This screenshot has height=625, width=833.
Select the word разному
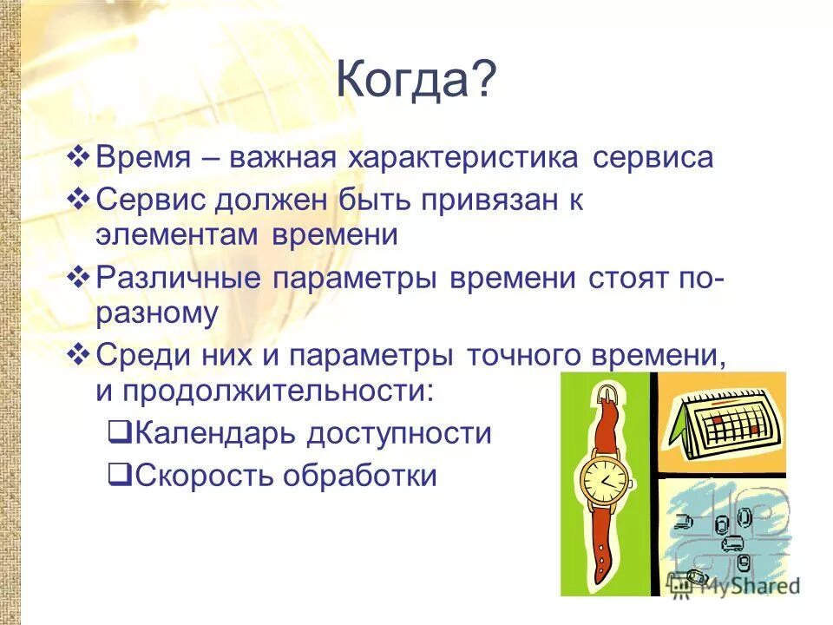(x=157, y=314)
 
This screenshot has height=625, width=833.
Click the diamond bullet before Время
(x=78, y=158)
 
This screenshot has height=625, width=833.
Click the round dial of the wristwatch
(x=604, y=479)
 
